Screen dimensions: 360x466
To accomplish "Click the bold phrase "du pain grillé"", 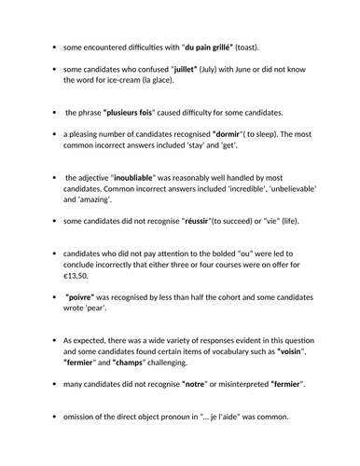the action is tap(213, 46).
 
